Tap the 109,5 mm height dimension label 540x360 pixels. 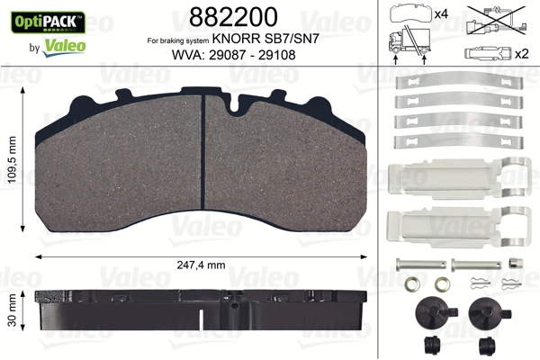[13, 158]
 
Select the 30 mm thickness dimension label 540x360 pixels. [13, 311]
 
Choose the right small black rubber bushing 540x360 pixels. [488, 346]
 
